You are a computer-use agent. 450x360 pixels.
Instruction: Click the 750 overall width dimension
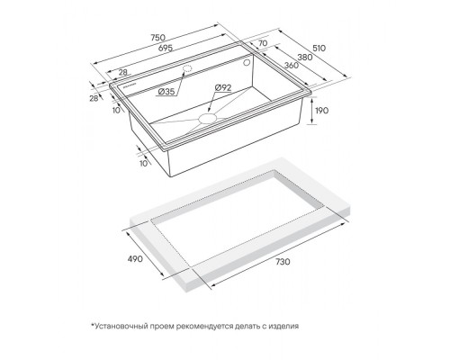157,38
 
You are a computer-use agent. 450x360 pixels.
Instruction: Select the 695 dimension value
165,48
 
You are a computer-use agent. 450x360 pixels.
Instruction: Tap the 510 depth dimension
319,48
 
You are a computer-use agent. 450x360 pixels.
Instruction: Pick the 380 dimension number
305,57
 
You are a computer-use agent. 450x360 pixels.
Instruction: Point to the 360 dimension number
292,65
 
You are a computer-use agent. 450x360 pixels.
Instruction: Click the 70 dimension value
263,43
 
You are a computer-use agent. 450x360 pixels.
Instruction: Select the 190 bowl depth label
321,111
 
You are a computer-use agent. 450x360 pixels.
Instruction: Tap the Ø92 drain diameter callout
223,88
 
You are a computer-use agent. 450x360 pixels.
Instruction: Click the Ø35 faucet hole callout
166,92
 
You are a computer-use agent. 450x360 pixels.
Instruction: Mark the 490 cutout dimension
135,258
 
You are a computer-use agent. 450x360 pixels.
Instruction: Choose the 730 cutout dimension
283,262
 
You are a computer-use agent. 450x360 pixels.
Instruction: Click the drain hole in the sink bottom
207,118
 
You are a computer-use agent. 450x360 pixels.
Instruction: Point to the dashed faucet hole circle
187,68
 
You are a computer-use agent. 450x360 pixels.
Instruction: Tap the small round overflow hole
247,63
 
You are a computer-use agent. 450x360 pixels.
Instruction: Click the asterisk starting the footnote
93,325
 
